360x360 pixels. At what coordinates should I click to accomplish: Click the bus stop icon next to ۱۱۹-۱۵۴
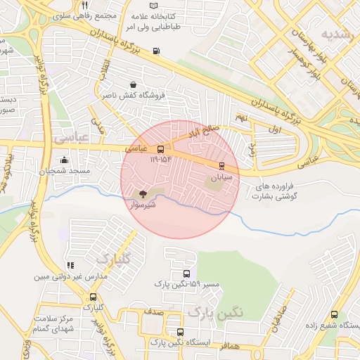pos(161,149)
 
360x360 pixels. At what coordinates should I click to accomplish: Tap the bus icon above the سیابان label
pos(222,167)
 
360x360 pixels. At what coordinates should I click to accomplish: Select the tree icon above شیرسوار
pos(143,193)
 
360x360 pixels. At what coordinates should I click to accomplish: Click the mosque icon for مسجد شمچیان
pos(65,160)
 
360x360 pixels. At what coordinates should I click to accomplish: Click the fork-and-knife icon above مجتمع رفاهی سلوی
pos(84,5)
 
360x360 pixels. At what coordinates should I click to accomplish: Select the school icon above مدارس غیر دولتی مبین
pos(70,265)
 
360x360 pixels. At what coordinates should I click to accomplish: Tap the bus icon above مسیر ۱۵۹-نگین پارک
pos(186,274)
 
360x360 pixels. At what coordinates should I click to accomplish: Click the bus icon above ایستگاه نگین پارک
pos(181,332)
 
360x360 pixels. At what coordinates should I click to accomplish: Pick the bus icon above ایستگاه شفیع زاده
pos(333,315)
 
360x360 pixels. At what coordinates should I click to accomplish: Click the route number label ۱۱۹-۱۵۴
pos(160,160)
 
